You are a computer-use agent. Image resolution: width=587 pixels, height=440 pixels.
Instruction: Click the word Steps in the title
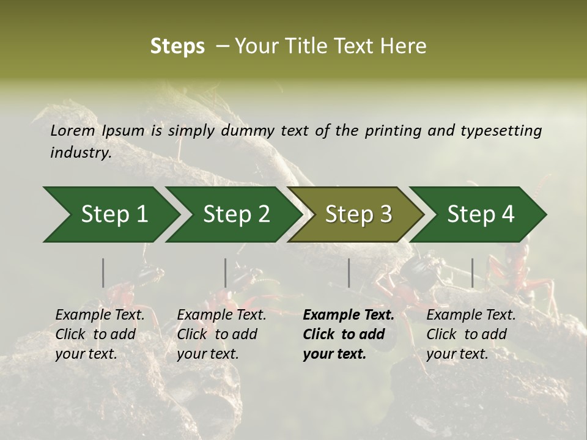coord(177,46)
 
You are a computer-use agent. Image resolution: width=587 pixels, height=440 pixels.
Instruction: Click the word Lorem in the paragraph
coord(73,130)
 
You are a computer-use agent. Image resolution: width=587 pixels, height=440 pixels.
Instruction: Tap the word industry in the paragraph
coord(80,152)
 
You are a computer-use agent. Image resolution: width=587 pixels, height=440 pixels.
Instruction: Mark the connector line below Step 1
coord(103,273)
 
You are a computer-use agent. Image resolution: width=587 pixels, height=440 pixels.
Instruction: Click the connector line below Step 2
coord(226,273)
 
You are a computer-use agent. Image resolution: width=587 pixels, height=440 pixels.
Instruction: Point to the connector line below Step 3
coord(349,273)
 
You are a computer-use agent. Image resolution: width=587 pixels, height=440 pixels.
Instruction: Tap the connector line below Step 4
coord(472,273)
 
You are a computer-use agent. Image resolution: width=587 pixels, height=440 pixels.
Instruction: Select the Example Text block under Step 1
coord(100,334)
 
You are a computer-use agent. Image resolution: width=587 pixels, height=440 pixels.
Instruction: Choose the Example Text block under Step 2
coord(221,334)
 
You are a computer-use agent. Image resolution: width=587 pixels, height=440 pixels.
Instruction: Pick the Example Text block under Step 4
coord(471,334)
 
